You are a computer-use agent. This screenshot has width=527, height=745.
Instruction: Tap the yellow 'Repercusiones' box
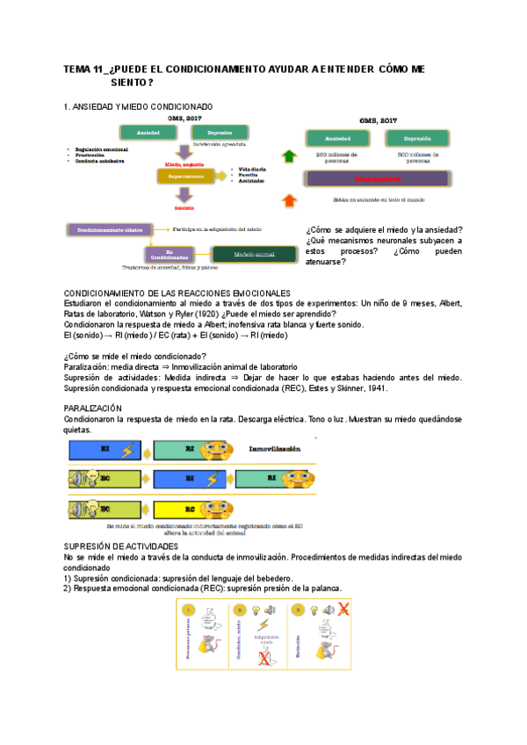tap(186, 177)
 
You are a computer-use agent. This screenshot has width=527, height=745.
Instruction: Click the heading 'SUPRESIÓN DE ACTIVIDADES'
tap(121, 546)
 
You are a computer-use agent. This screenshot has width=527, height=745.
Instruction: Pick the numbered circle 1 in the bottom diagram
tap(187, 610)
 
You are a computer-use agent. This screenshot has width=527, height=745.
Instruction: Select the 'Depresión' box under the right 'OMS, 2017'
tap(418, 139)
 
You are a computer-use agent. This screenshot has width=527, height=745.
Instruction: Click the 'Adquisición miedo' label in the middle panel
tap(263, 639)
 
